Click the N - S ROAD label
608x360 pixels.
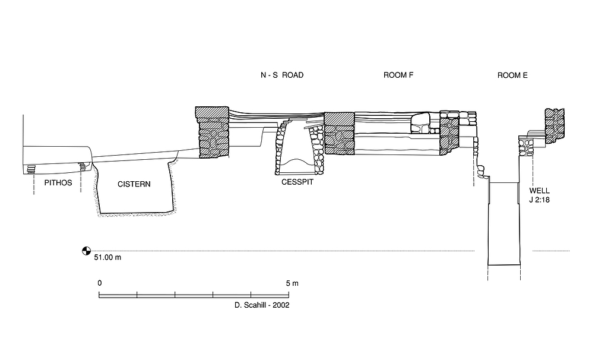point(282,75)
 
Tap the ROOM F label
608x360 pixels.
point(398,75)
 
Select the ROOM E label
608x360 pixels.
point(512,75)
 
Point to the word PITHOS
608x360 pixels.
point(58,183)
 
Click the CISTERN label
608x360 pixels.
point(134,184)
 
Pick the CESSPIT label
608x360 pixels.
point(297,182)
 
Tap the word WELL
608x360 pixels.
point(540,191)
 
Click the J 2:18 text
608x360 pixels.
point(540,200)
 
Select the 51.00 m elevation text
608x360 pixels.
point(107,258)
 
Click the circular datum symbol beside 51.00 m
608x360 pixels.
point(86,251)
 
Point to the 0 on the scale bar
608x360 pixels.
point(99,283)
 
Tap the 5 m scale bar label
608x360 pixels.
point(292,283)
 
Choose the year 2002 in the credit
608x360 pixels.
point(280,305)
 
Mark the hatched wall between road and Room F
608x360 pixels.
point(339,134)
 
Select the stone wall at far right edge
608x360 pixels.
point(554,125)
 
